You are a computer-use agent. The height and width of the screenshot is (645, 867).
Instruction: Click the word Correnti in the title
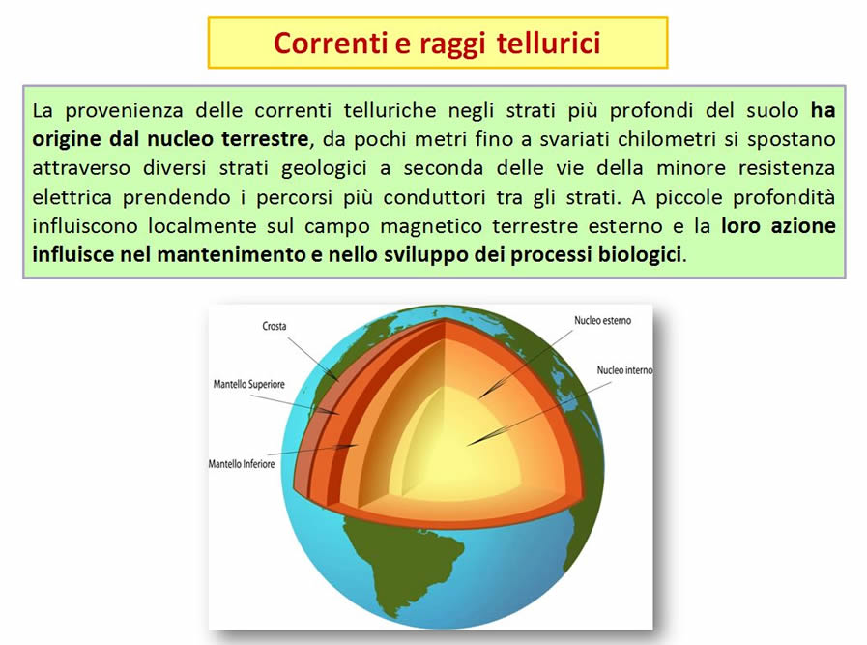[331, 44]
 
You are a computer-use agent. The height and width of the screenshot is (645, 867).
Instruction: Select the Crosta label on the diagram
[275, 327]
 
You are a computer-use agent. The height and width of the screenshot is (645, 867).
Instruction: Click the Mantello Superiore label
[248, 384]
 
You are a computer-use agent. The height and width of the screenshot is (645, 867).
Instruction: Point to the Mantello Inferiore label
[241, 464]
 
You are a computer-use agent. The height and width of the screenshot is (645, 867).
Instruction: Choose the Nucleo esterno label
[602, 321]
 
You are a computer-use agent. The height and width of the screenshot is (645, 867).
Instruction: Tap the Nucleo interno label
[624, 370]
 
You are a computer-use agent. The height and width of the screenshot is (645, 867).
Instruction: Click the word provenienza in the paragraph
[124, 110]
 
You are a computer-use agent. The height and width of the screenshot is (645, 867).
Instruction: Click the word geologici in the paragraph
[324, 168]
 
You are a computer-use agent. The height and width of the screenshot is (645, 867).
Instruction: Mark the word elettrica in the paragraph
[72, 197]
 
